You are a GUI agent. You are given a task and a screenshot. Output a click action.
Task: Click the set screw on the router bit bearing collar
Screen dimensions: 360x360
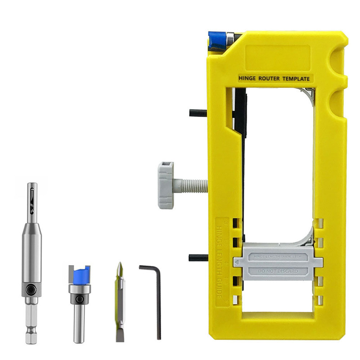pos(79,299)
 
